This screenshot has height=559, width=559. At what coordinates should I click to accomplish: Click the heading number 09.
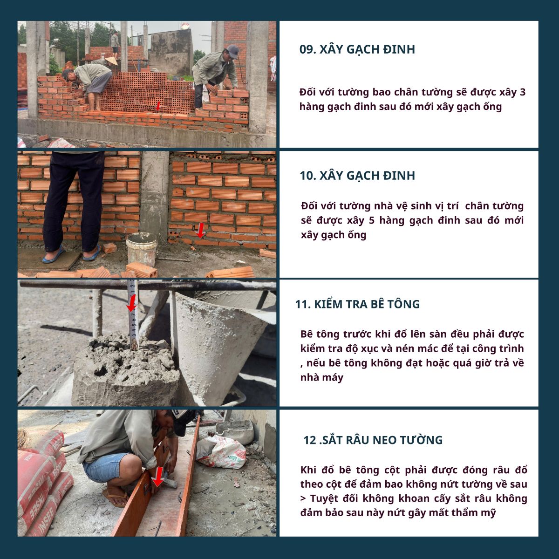[x=307, y=49]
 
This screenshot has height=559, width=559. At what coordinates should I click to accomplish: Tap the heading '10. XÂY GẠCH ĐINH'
[x=357, y=176]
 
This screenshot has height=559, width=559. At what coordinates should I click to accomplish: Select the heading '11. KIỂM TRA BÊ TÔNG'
[x=357, y=304]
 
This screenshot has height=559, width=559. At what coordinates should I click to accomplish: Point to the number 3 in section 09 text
[x=523, y=92]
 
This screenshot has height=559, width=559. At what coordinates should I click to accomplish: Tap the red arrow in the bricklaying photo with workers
[x=158, y=106]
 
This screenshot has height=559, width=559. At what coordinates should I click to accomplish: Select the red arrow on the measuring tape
[x=132, y=303]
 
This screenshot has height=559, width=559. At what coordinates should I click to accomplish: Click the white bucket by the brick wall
[x=142, y=249]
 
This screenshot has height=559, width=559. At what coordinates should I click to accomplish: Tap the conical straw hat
[x=111, y=61]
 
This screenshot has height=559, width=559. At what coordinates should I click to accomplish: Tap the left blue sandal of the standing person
[x=53, y=254]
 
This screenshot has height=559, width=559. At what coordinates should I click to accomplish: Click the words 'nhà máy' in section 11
[x=322, y=378]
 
